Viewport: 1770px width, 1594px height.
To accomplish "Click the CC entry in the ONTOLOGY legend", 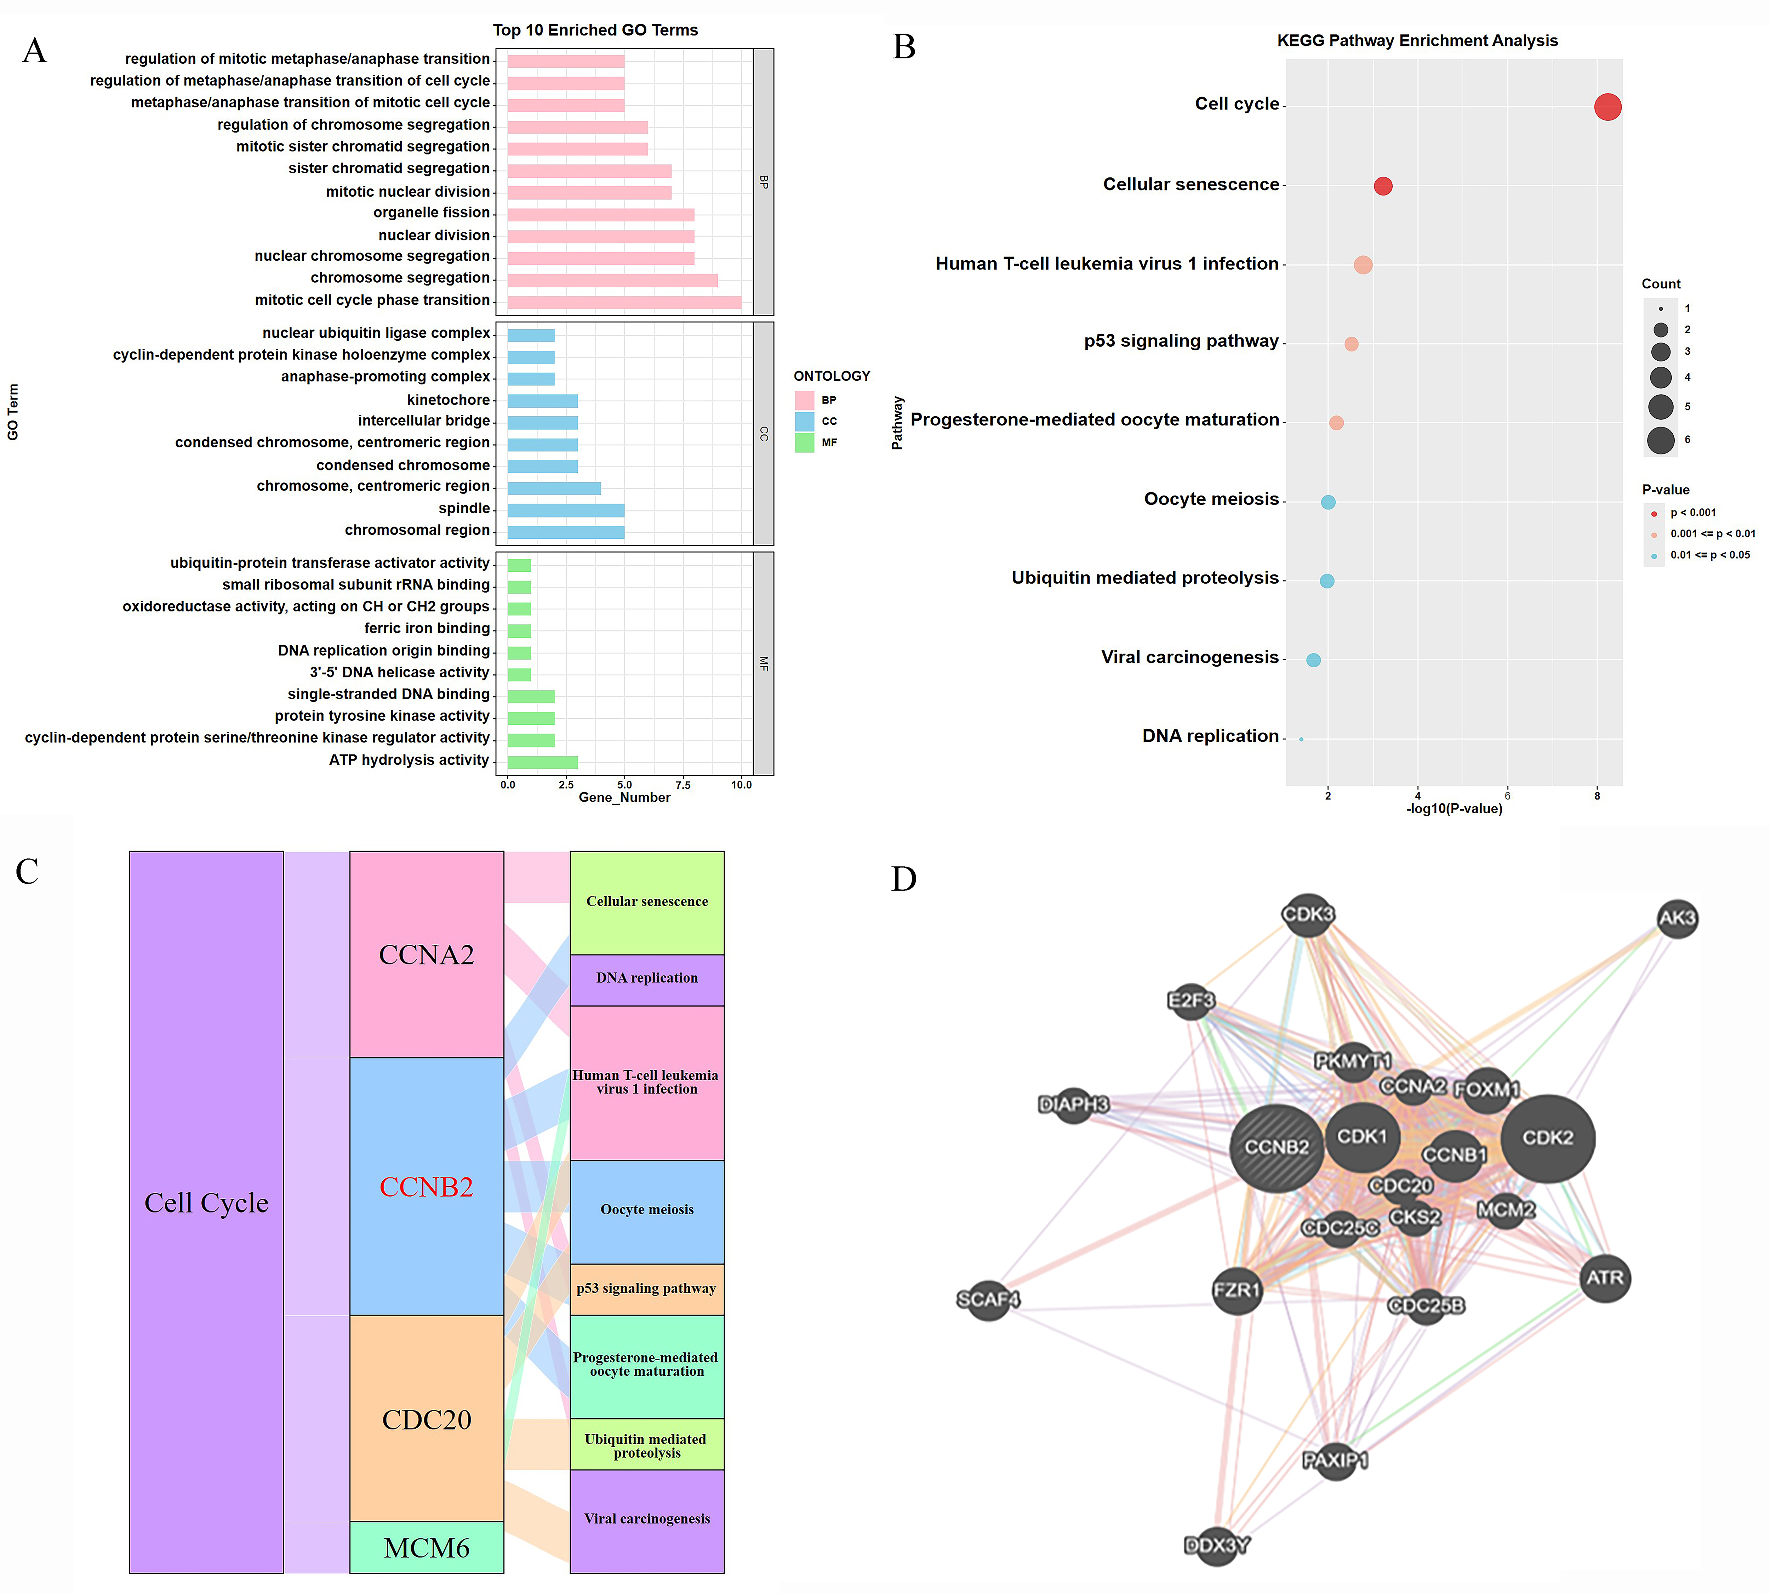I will tap(828, 421).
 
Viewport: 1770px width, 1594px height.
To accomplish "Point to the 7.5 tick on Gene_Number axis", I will tap(683, 785).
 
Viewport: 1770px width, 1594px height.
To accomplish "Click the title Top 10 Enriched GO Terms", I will tap(595, 30).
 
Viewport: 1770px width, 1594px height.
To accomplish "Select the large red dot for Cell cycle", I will tap(1607, 107).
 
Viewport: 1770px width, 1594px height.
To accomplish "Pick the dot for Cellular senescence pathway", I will tap(1383, 186).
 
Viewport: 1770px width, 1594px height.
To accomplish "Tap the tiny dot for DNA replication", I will tap(1301, 739).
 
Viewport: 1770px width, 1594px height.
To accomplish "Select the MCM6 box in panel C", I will tap(426, 1548).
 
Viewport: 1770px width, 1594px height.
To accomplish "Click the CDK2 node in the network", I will tap(1548, 1138).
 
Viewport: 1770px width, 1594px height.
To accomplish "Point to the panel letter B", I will tap(904, 47).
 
